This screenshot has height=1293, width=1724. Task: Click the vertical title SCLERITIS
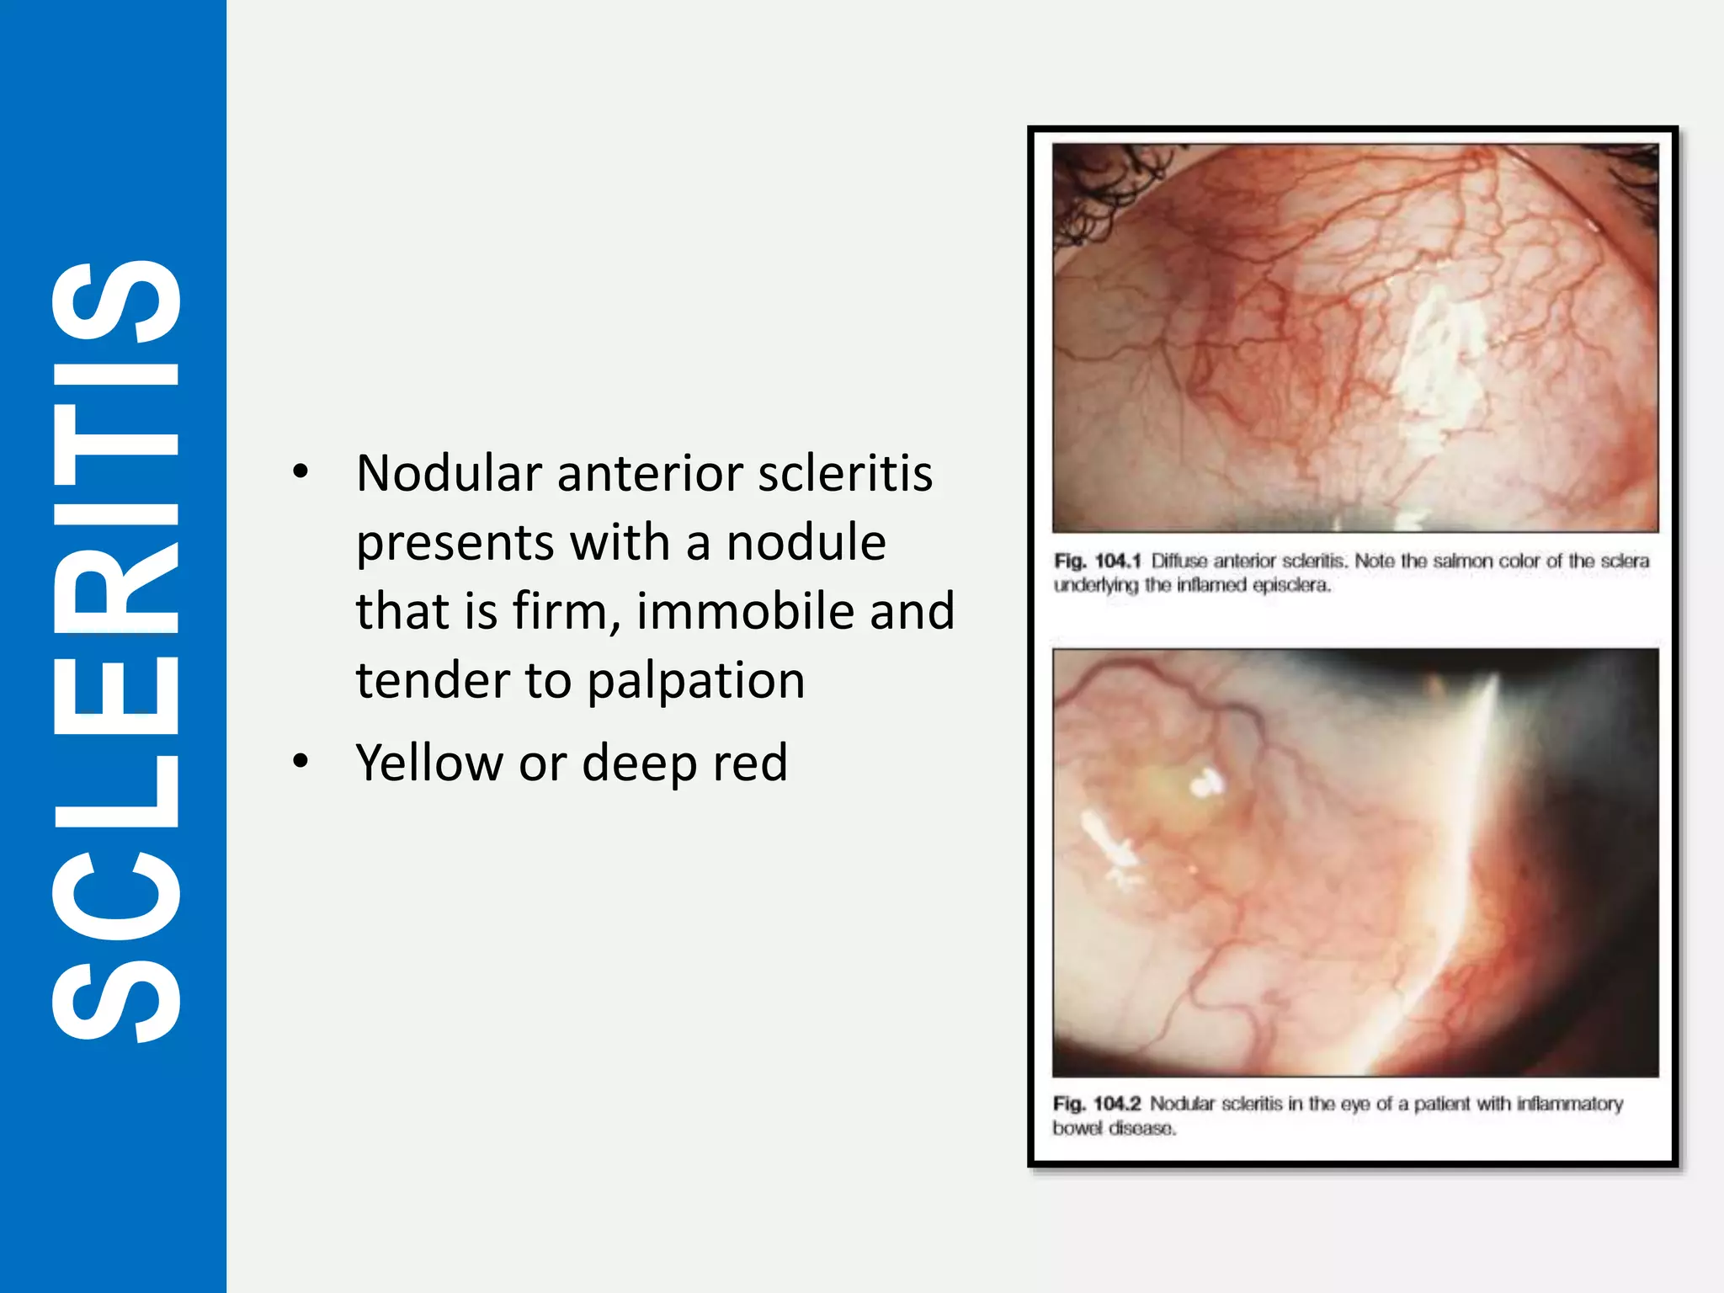(115, 648)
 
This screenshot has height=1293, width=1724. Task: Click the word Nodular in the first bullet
(448, 473)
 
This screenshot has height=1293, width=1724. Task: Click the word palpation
(695, 680)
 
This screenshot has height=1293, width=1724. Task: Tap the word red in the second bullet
(750, 763)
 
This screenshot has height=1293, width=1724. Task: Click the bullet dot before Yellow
(301, 761)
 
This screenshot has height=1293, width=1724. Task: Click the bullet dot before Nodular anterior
(301, 471)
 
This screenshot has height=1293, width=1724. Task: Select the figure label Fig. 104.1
(1097, 561)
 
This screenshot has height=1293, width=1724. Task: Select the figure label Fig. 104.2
(1096, 1104)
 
